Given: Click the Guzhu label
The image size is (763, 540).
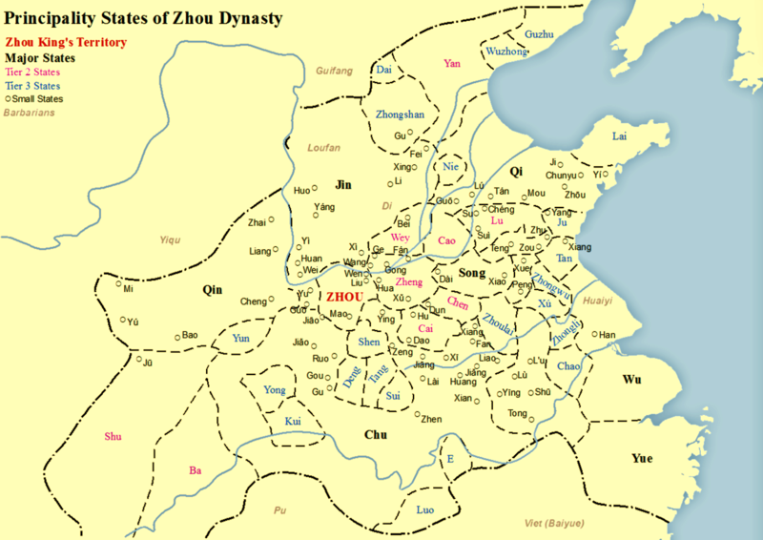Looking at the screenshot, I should pyautogui.click(x=539, y=34).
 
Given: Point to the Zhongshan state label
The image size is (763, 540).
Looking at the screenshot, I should pyautogui.click(x=400, y=114).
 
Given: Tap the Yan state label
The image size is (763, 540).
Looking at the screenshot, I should pyautogui.click(x=452, y=64).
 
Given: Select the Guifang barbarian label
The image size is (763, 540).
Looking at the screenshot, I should pyautogui.click(x=334, y=71).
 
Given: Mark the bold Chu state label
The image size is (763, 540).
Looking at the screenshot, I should pyautogui.click(x=375, y=435).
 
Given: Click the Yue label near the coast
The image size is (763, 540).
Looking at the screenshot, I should pyautogui.click(x=642, y=459).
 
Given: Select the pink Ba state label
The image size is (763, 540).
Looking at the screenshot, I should pyautogui.click(x=196, y=470).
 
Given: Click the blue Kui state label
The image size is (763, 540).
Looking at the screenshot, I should pyautogui.click(x=293, y=421).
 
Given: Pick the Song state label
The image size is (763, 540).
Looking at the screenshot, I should pyautogui.click(x=473, y=273).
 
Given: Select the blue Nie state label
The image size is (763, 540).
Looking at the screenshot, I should pyautogui.click(x=451, y=168).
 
